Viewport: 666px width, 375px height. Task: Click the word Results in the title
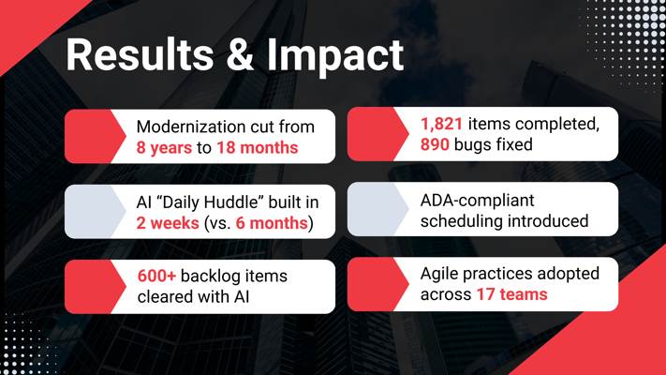point(140,55)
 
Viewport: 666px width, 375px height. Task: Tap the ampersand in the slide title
point(240,54)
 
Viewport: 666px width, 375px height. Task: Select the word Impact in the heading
point(335,57)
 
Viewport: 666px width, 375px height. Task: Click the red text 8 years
point(164,147)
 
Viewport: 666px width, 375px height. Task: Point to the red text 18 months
point(258,147)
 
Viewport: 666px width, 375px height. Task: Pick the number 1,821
point(441,124)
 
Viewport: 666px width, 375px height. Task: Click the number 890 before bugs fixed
point(435,144)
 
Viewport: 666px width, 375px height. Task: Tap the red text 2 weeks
point(168,223)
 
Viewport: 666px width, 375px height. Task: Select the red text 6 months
point(272,223)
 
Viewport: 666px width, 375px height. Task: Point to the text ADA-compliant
point(478,201)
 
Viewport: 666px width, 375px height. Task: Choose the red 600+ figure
point(156,276)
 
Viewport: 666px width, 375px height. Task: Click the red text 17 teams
point(511,294)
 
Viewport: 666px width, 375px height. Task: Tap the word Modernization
point(188,127)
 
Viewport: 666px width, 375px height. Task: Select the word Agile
point(439,274)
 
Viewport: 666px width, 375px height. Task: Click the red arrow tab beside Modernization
point(96,137)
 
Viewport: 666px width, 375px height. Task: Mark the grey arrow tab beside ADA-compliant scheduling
point(378,209)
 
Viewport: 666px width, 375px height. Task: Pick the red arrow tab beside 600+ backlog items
point(96,287)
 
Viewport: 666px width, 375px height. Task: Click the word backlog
point(207,277)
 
